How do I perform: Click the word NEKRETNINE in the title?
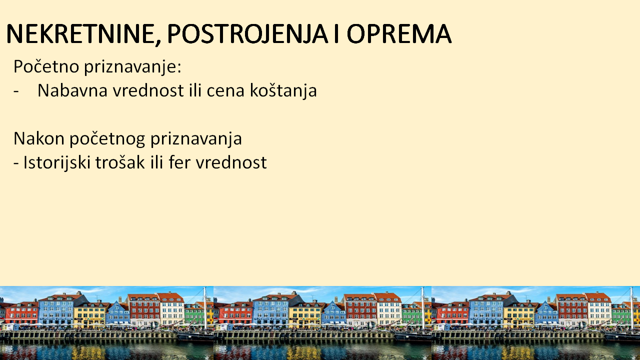pos(80,33)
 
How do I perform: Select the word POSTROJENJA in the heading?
pos(247,33)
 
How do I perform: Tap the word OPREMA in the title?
pos(399,33)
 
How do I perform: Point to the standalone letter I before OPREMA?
pos(336,33)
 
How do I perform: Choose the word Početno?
pos(46,66)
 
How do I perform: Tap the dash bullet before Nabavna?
pos(16,91)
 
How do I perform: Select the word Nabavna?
pos(72,90)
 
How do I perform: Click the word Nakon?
pos(39,138)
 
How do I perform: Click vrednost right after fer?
pos(231,162)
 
